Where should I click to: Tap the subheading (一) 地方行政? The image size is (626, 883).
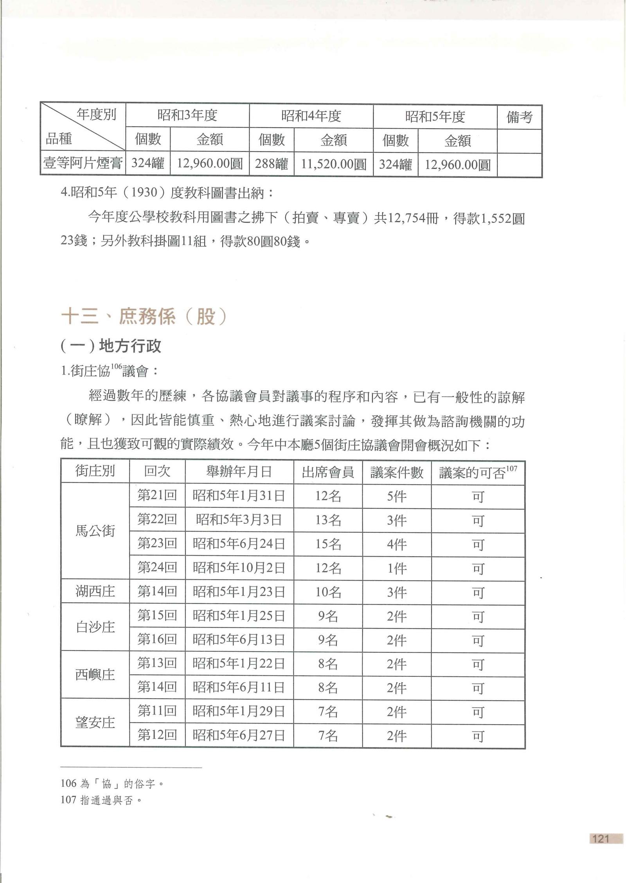[x=111, y=346]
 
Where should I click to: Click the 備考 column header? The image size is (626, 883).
[x=519, y=117]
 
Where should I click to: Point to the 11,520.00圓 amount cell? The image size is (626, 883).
[x=333, y=164]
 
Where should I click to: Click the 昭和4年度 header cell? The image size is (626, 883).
[x=311, y=116]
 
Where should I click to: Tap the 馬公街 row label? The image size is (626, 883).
[x=95, y=531]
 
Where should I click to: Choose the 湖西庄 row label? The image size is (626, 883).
[x=95, y=591]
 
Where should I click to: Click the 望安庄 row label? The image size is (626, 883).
[x=95, y=723]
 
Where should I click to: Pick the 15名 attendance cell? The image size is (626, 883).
[x=328, y=544]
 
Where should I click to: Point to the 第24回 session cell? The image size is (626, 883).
[x=157, y=568]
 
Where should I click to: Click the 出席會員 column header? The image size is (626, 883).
[x=328, y=472]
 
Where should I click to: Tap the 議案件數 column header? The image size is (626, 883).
[x=397, y=472]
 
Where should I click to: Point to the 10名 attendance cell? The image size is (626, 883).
[x=328, y=592]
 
